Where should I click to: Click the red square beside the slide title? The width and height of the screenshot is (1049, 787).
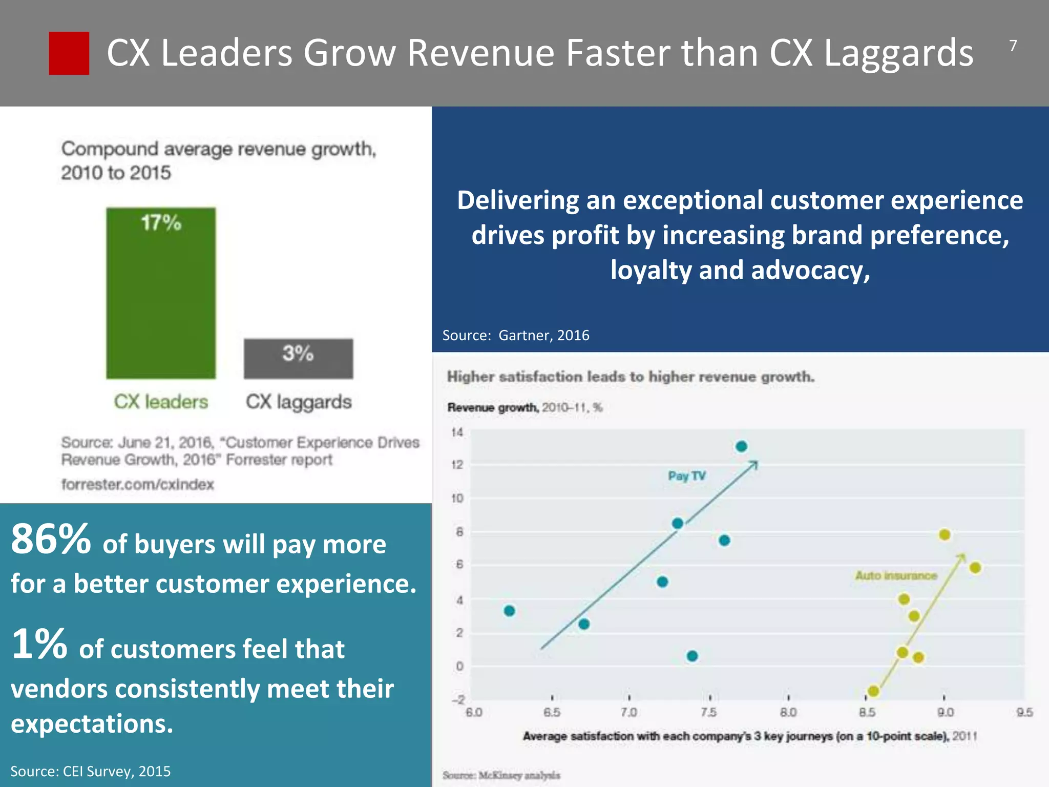[69, 53]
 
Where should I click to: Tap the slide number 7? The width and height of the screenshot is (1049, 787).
[1013, 46]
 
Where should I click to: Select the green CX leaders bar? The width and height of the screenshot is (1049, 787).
[161, 302]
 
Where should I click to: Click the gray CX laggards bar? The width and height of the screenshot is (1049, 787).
[298, 359]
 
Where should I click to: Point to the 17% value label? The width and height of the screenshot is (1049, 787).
[161, 223]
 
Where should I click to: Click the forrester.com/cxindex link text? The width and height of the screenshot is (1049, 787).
[137, 484]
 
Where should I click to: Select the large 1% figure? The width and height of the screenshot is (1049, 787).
[39, 644]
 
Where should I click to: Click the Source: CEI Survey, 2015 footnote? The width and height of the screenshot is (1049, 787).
[90, 771]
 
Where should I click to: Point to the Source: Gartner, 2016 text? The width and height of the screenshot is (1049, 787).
[515, 335]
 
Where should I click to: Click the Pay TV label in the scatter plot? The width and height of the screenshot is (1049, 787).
[686, 476]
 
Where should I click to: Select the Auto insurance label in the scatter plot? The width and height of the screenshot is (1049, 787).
[895, 575]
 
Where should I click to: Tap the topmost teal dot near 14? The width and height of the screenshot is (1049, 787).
[741, 446]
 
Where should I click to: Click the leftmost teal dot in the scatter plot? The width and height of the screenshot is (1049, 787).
[509, 611]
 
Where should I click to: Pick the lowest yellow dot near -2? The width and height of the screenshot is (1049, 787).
[873, 691]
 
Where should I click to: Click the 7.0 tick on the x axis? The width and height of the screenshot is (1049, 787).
[628, 712]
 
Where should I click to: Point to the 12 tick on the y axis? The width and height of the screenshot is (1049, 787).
[457, 465]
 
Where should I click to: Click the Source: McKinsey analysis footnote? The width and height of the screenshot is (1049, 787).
[501, 775]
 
